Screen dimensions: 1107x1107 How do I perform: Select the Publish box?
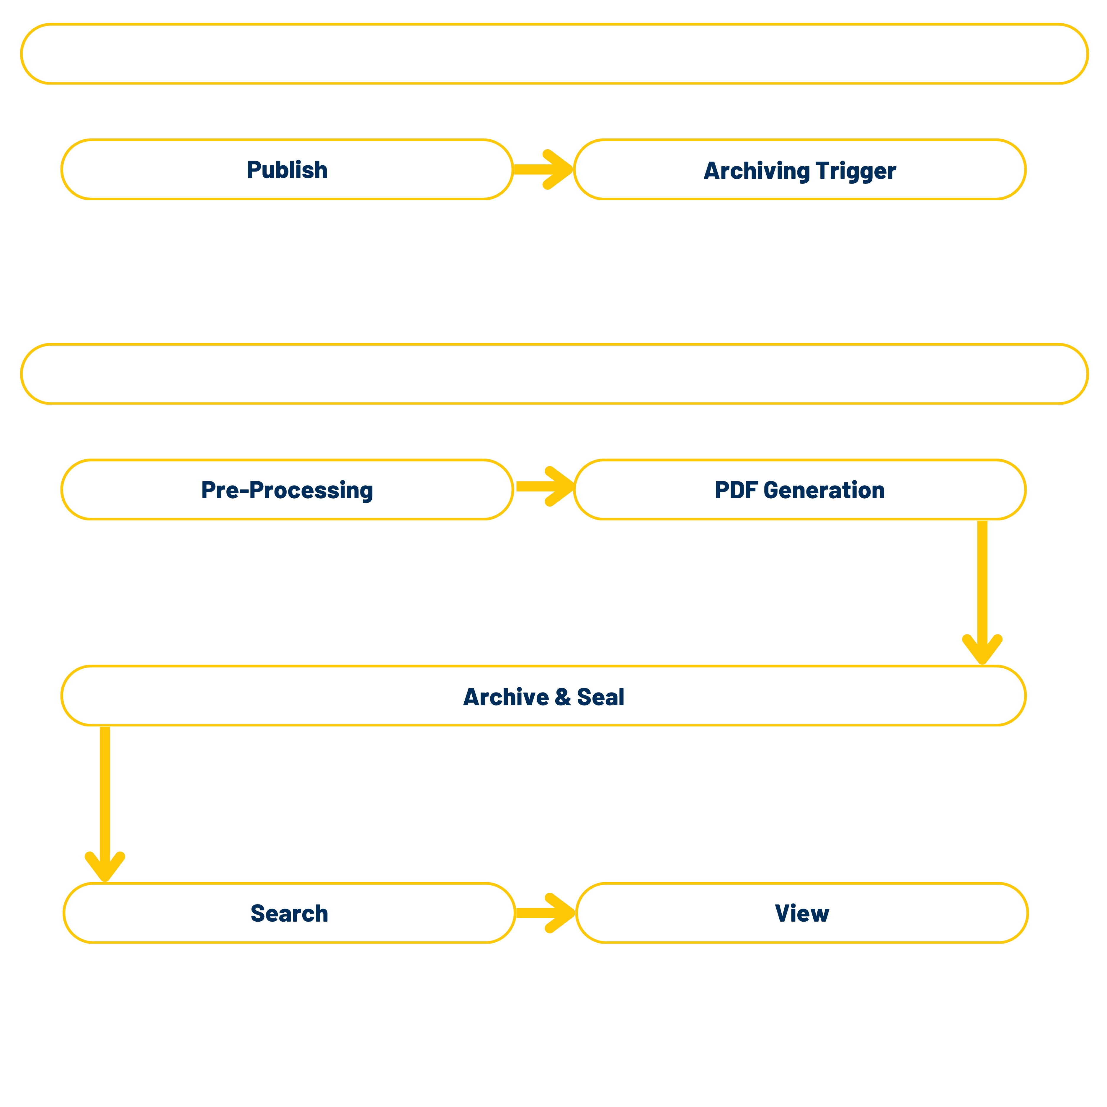click(286, 170)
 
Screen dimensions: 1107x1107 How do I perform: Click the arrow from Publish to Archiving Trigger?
click(543, 169)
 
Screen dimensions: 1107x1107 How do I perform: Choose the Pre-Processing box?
click(286, 490)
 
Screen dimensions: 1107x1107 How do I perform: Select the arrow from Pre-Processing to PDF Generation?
click(544, 486)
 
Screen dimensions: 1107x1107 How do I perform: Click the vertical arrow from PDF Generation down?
click(982, 590)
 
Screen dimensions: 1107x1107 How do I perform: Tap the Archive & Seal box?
click(543, 696)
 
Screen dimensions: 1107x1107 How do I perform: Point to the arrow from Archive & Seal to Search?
click(105, 802)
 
